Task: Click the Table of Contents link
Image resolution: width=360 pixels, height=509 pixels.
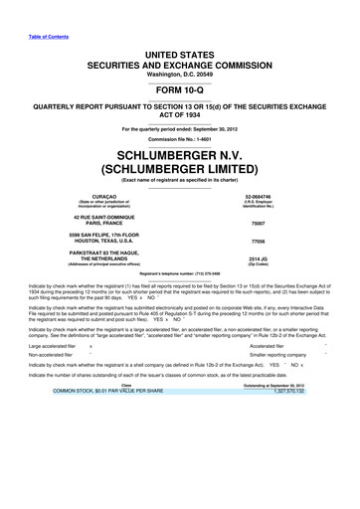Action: (39, 11)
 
